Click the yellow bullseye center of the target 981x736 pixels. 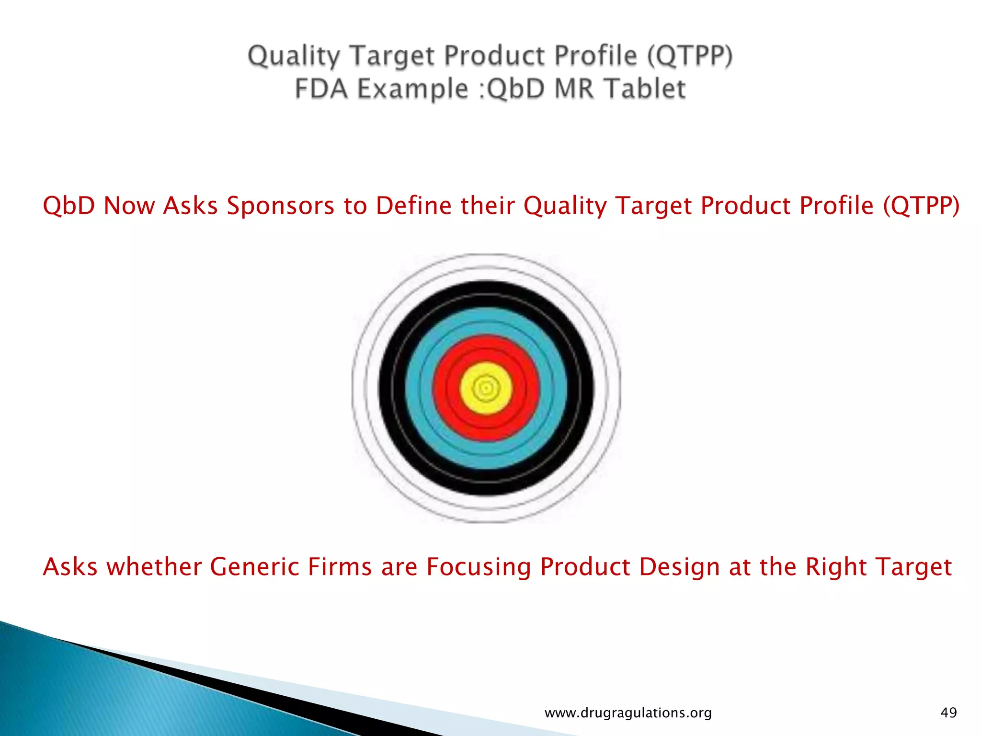point(486,388)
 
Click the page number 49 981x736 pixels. point(948,713)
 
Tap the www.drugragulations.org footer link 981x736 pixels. point(628,713)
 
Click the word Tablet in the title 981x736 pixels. point(644,89)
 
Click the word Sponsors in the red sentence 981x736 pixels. point(281,207)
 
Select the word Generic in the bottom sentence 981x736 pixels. point(254,567)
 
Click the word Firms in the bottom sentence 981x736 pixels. point(340,567)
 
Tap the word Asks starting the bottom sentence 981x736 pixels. point(70,567)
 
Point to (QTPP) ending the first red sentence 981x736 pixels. point(921,207)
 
